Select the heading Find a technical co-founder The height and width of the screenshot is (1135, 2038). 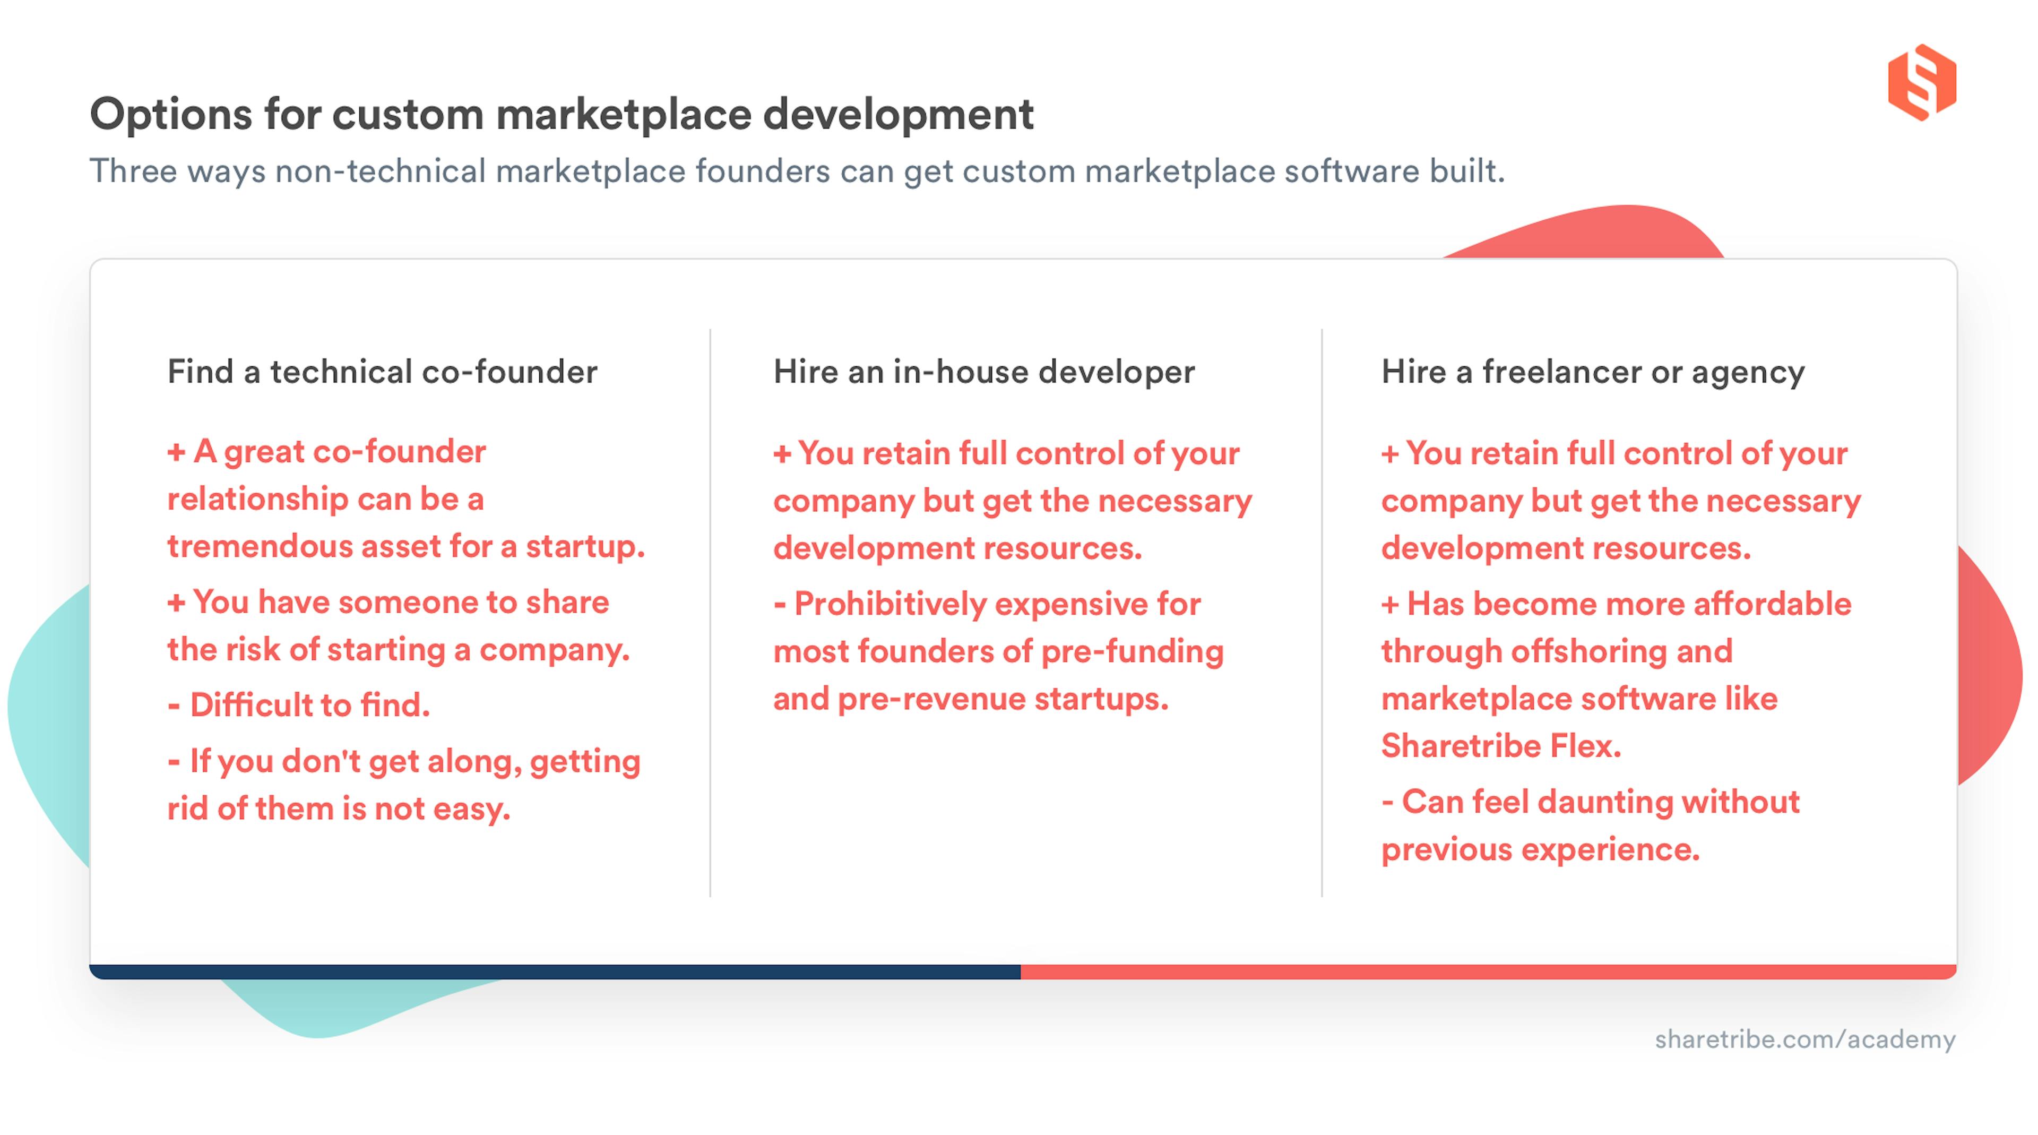click(x=382, y=372)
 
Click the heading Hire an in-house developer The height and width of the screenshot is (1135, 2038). click(x=983, y=372)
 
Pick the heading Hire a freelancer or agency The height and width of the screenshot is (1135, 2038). click(x=1593, y=372)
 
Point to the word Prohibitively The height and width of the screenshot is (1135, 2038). click(x=890, y=604)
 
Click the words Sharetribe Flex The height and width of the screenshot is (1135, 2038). click(x=1501, y=746)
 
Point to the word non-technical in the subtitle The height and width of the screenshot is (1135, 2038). click(x=380, y=172)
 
